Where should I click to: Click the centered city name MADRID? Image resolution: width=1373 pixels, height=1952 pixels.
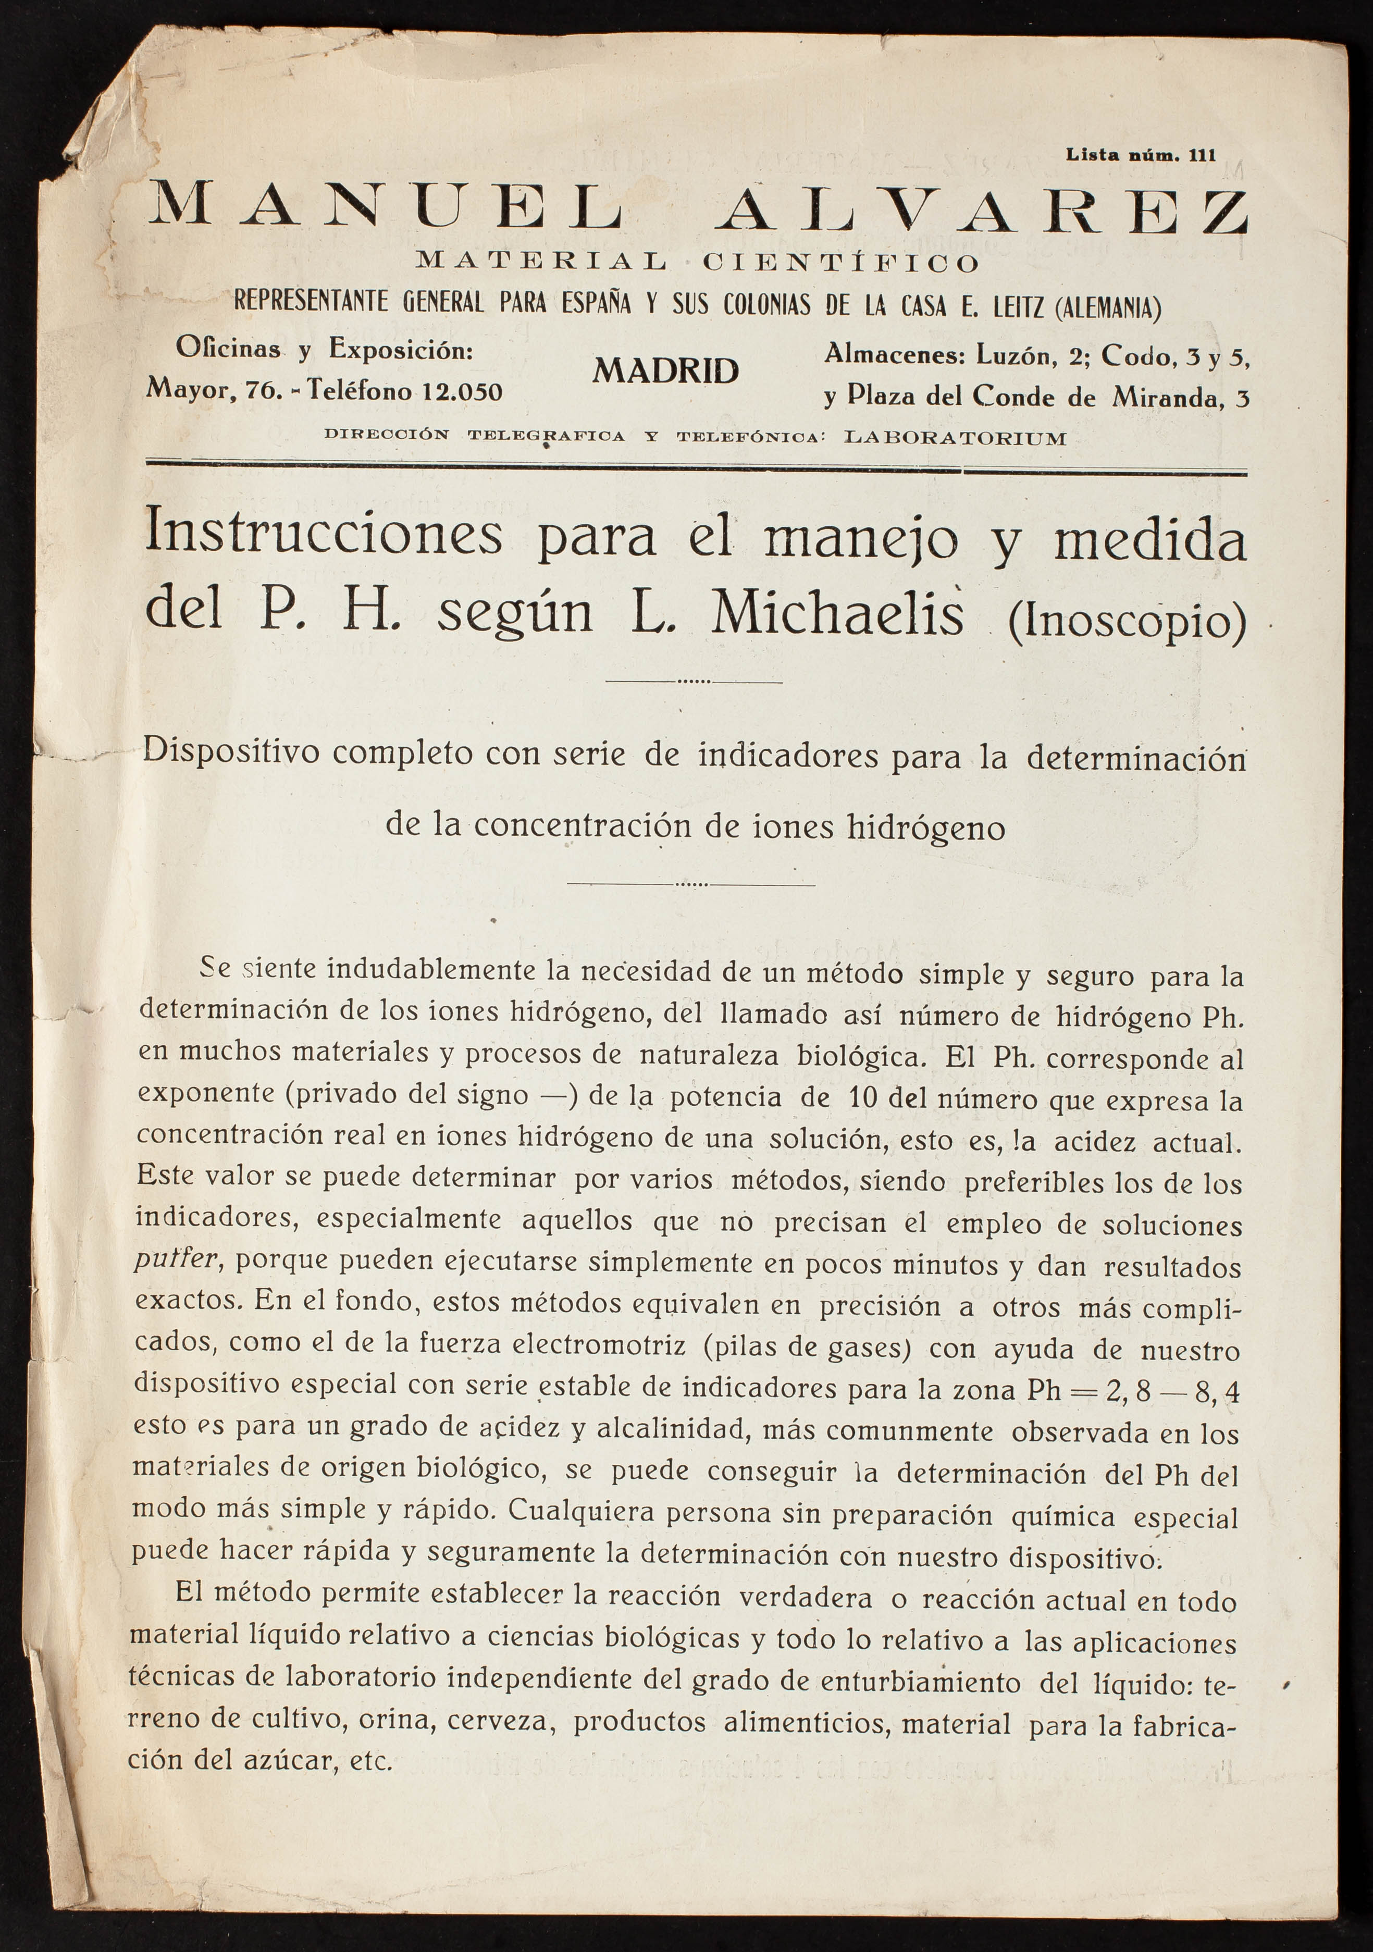pyautogui.click(x=666, y=370)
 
